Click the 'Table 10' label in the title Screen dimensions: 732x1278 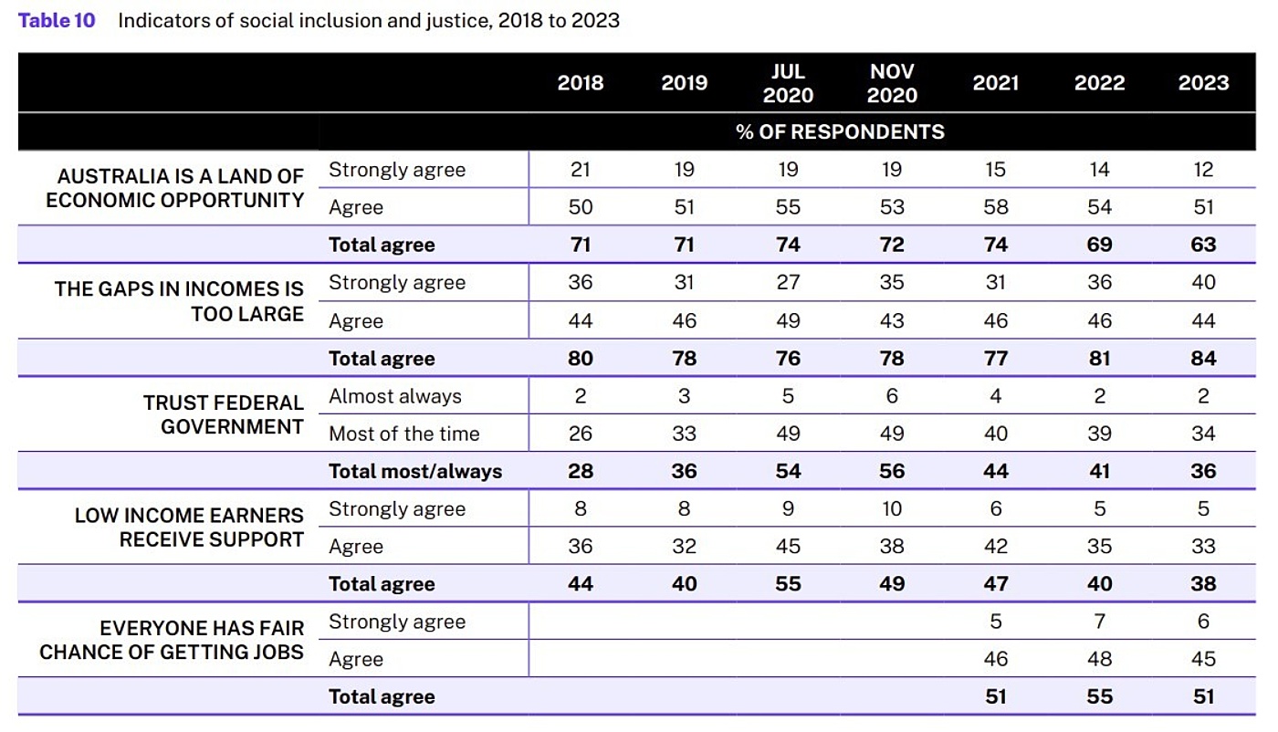click(x=57, y=20)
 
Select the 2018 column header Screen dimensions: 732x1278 click(x=581, y=83)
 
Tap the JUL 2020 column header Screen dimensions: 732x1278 click(x=788, y=83)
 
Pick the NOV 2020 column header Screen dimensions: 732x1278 click(x=892, y=83)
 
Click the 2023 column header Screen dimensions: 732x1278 click(x=1203, y=83)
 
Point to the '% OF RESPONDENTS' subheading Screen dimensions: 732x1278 click(x=840, y=131)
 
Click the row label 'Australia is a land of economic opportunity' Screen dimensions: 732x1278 click(x=175, y=188)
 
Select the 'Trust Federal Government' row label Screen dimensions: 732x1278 click(x=223, y=414)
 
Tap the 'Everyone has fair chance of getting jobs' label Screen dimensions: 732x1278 click(x=172, y=640)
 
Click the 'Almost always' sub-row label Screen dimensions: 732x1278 click(x=395, y=396)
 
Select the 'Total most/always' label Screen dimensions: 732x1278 click(x=415, y=471)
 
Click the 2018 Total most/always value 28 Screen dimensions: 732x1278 click(x=581, y=471)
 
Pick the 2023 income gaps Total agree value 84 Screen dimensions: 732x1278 click(x=1203, y=358)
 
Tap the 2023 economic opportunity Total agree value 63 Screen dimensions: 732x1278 click(x=1203, y=245)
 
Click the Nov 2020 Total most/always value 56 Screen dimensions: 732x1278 click(x=892, y=471)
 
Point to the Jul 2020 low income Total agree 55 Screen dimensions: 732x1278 click(x=788, y=584)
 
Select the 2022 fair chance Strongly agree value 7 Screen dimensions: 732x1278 click(x=1099, y=622)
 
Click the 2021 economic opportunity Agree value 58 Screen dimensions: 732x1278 click(x=996, y=207)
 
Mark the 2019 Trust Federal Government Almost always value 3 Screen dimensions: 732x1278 click(x=684, y=396)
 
